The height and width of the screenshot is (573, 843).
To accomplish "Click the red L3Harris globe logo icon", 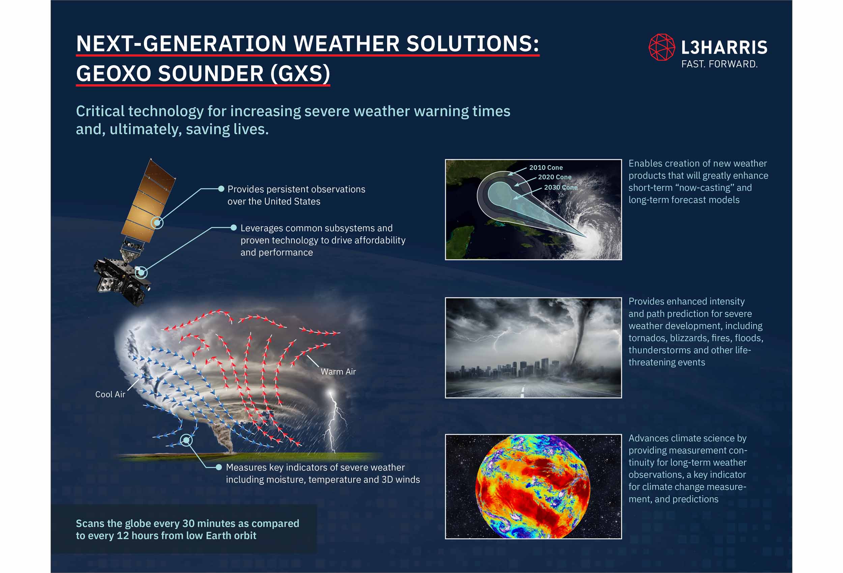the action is pos(662,47).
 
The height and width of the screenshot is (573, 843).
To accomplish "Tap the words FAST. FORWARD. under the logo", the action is pos(719,64).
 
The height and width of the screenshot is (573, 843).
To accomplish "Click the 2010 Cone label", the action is pos(546,168).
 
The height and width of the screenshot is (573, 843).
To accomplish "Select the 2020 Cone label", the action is pos(555,177).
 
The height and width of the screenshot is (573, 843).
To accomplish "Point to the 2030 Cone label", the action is pos(561,187).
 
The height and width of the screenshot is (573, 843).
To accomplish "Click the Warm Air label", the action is pos(338,372).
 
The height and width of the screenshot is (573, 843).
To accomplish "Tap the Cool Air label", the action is pos(110,395).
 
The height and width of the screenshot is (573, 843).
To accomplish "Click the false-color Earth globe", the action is pos(532,486).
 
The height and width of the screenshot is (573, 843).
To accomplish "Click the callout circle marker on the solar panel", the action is pos(157,222).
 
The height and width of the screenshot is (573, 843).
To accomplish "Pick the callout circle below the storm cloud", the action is pos(186,440).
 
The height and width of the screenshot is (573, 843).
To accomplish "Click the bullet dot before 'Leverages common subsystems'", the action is pos(234,228).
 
